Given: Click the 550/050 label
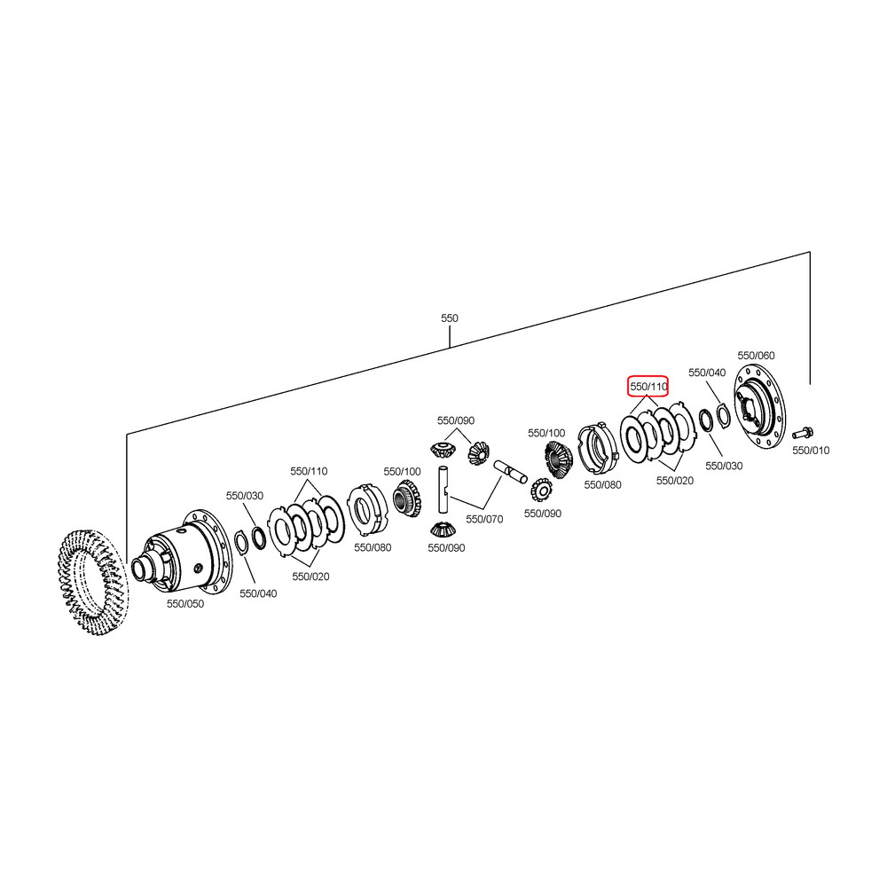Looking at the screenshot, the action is click(x=185, y=603).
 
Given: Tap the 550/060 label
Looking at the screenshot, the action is click(x=756, y=356).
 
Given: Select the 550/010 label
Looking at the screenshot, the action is click(x=811, y=451).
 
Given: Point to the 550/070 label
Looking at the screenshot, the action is click(x=484, y=519).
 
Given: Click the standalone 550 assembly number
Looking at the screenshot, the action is click(x=449, y=318).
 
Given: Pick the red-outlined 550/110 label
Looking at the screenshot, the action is click(x=648, y=387).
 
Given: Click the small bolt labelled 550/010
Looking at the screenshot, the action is click(x=803, y=434).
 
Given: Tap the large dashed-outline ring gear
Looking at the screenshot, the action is click(x=93, y=583).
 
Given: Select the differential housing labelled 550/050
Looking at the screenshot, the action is click(x=182, y=552).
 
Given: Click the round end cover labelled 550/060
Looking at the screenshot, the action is click(x=759, y=407).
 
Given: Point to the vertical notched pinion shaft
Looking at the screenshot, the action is click(x=443, y=490).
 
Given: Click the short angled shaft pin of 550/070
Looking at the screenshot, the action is click(x=510, y=473).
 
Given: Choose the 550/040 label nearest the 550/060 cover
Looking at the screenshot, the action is click(x=707, y=373).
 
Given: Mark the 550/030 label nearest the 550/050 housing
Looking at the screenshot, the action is click(x=245, y=496).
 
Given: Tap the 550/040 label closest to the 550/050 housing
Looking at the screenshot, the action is click(x=258, y=593).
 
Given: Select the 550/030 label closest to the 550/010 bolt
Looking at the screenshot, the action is click(x=724, y=466).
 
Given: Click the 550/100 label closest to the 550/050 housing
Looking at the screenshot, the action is click(x=402, y=471).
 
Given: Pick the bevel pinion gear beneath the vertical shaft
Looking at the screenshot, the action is click(x=443, y=529).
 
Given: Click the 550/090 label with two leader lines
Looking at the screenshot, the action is click(x=455, y=420).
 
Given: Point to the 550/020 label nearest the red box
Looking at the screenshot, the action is click(x=674, y=480).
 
